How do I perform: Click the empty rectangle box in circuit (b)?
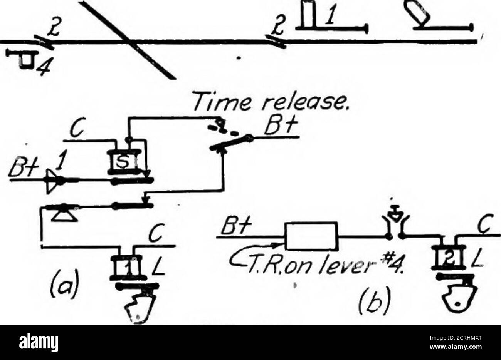(x=311, y=236)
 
